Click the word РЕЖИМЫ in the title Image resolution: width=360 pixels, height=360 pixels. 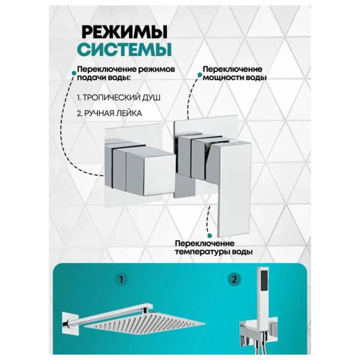click(x=124, y=32)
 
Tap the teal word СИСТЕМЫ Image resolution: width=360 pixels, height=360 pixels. click(x=125, y=49)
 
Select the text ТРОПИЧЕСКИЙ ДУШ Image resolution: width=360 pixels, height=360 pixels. click(x=121, y=97)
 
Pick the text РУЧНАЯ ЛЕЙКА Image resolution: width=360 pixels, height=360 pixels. click(x=113, y=113)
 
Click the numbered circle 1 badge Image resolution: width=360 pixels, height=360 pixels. click(x=121, y=279)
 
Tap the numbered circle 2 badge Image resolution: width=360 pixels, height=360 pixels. click(x=234, y=279)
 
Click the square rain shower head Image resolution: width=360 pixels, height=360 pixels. click(x=144, y=324)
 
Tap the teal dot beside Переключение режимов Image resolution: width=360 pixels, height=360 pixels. click(x=74, y=73)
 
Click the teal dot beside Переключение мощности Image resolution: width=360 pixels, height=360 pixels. click(x=200, y=74)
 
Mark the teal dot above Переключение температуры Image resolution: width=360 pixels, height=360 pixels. click(x=209, y=236)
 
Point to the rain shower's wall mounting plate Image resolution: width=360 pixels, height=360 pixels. click(x=68, y=323)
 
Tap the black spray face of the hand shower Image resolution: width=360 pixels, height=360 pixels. click(x=264, y=281)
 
